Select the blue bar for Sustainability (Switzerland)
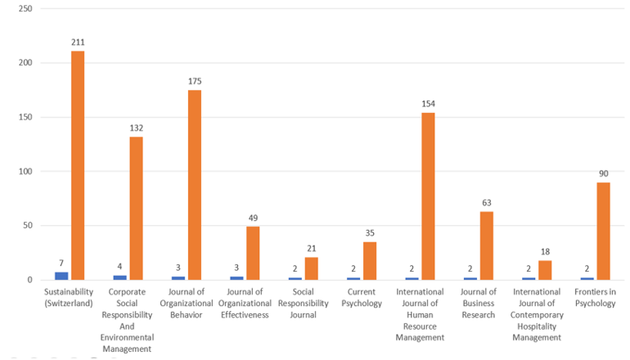[61, 276]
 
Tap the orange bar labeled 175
[195, 185]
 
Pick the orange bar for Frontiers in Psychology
[603, 231]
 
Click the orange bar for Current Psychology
[370, 261]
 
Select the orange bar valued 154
[428, 196]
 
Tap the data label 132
[136, 128]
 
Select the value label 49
[253, 218]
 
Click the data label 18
[545, 252]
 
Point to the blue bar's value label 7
[61, 263]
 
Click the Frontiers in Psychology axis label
[595, 297]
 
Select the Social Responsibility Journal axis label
[303, 303]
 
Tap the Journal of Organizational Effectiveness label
[245, 303]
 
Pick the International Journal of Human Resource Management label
[420, 314]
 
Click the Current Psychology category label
[362, 297]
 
